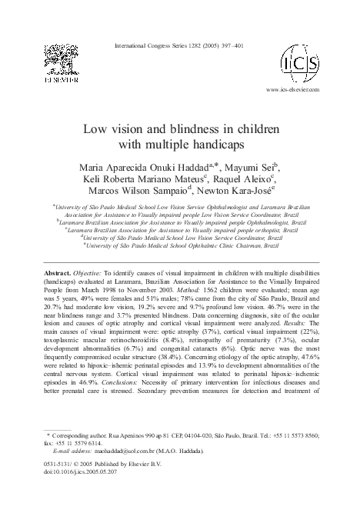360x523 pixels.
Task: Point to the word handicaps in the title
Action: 218,143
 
